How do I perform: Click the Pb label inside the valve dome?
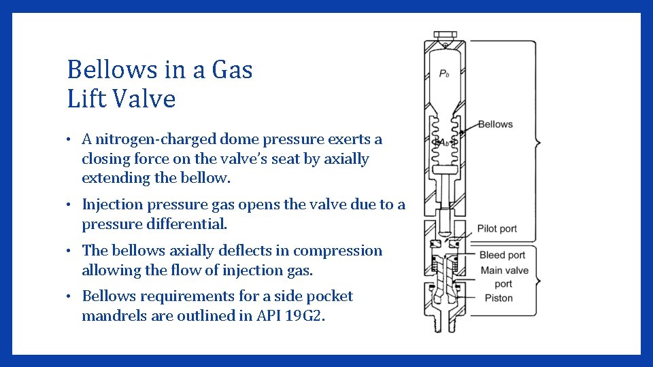click(x=443, y=74)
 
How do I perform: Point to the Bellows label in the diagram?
click(x=495, y=124)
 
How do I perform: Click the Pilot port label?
click(x=498, y=229)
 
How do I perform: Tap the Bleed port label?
click(x=502, y=256)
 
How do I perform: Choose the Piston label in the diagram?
click(x=499, y=298)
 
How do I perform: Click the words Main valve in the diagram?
click(x=504, y=270)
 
